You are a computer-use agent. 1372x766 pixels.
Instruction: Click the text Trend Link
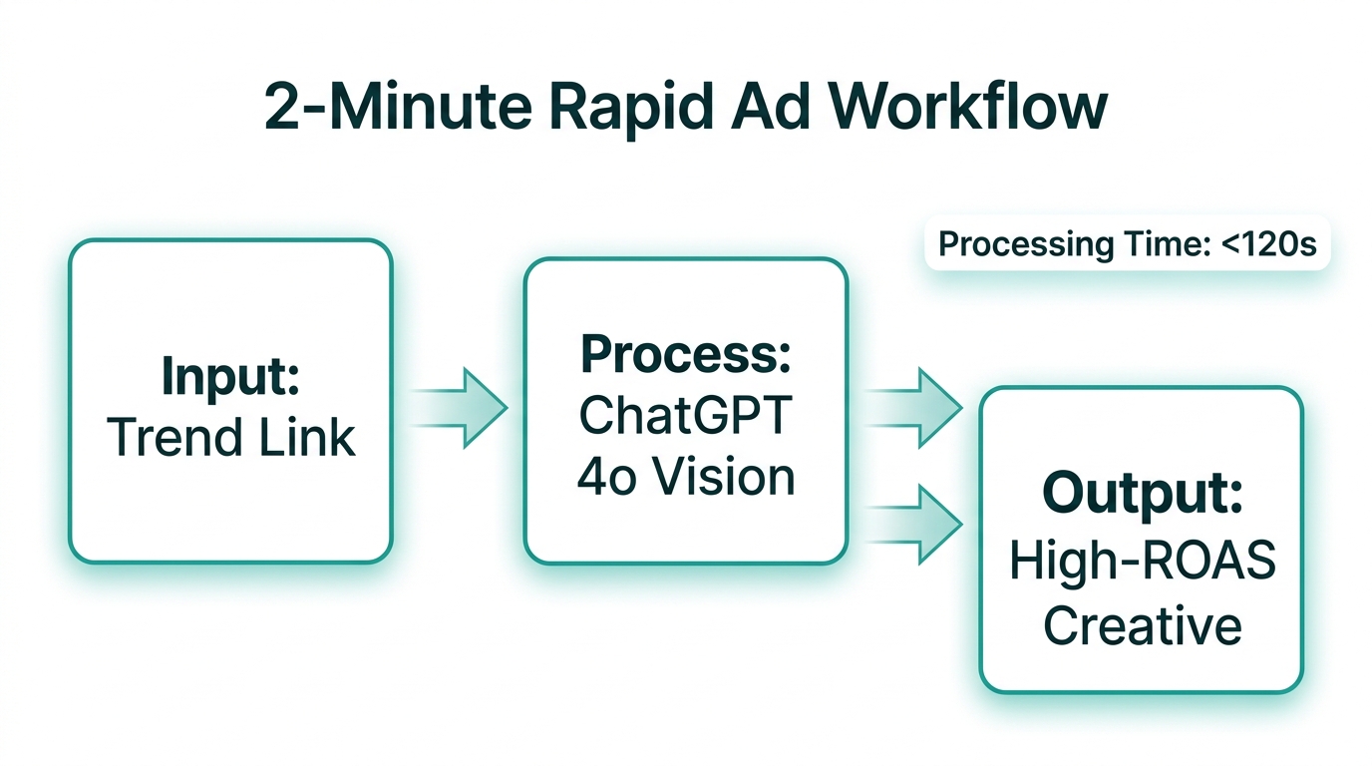click(x=230, y=437)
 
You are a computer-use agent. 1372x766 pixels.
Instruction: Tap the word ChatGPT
click(x=685, y=415)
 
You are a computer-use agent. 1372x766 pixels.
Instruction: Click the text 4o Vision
click(x=685, y=477)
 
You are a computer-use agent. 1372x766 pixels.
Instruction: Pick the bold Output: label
click(x=1142, y=494)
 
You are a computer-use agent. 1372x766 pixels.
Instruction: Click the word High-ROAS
click(x=1142, y=563)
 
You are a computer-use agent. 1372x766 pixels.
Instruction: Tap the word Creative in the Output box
click(x=1142, y=626)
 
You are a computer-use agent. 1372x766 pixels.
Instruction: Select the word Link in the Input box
click(x=316, y=437)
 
